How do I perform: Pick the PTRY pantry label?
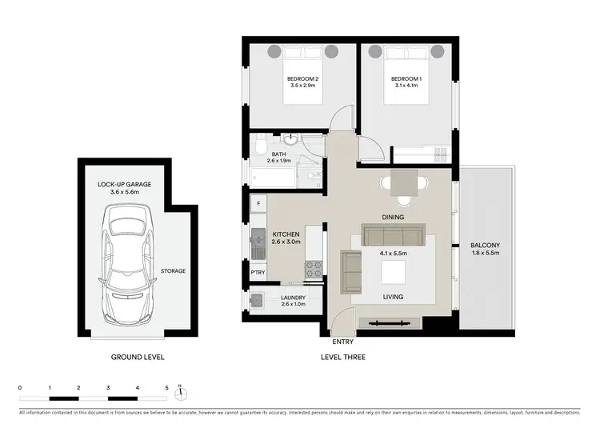(258, 272)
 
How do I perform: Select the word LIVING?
(392, 297)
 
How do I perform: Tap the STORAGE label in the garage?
(173, 271)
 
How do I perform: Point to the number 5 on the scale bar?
(167, 388)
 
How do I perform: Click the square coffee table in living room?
(392, 274)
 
